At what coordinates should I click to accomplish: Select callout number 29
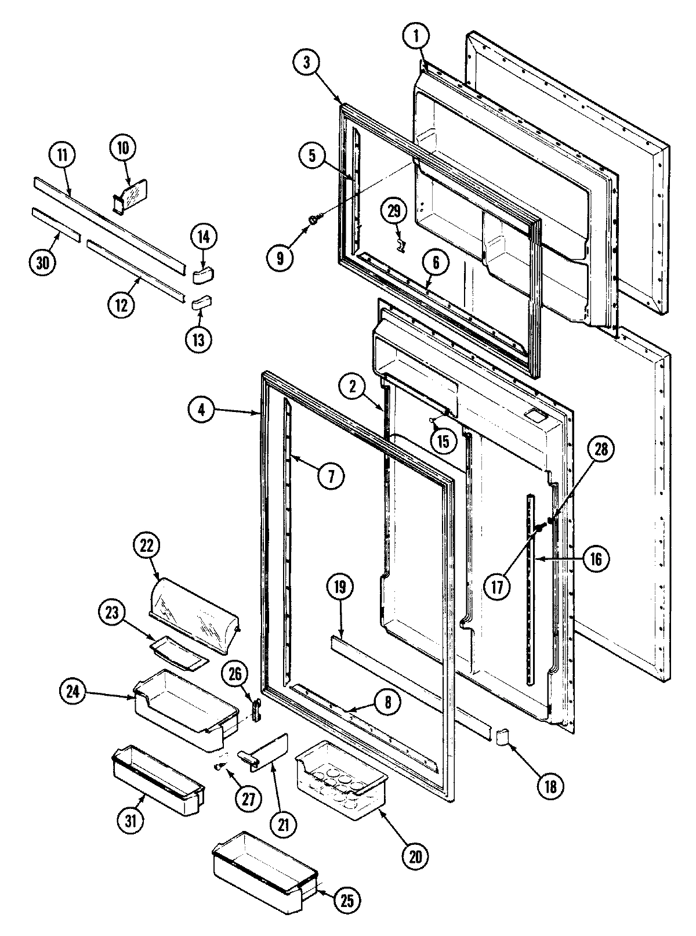point(394,211)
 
